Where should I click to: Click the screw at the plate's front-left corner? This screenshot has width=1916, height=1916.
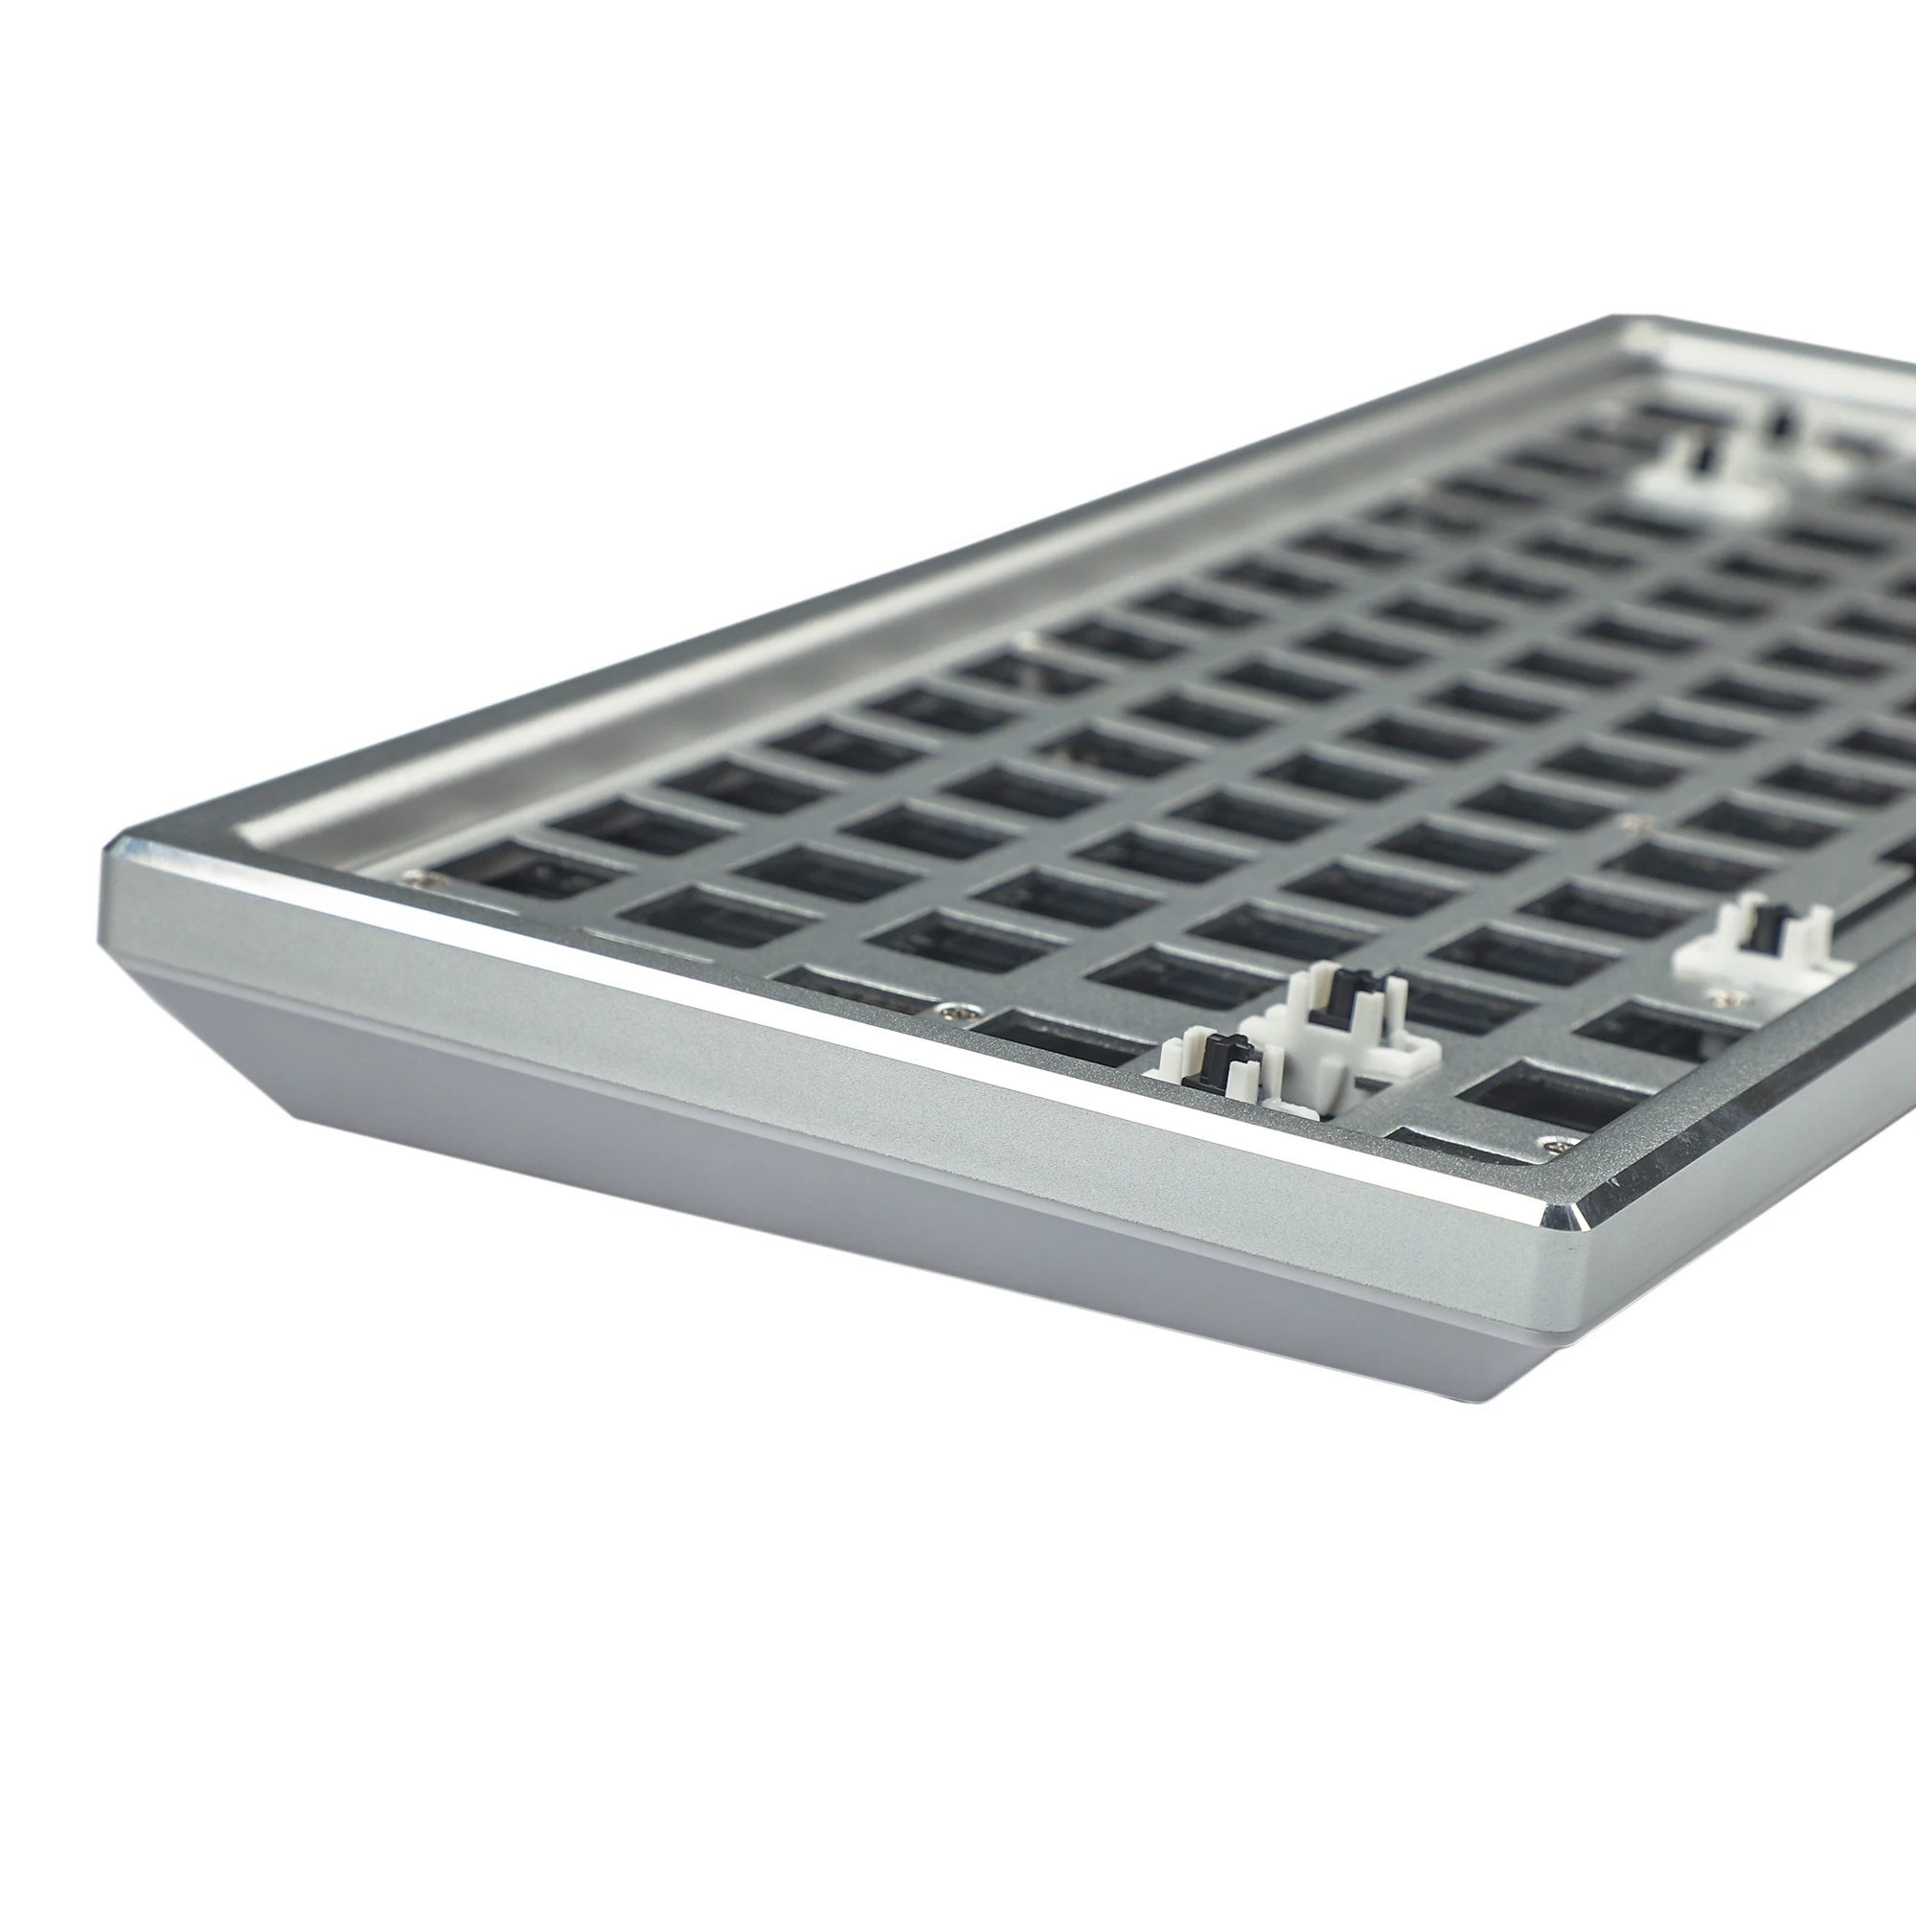(x=414, y=876)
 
